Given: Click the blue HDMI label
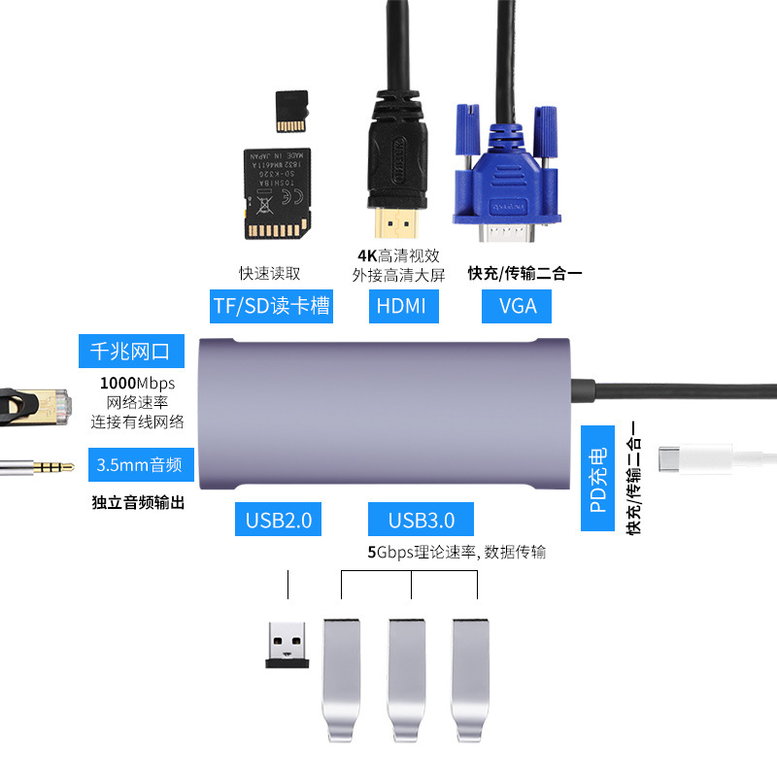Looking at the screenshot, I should [x=402, y=306].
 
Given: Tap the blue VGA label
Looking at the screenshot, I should [x=518, y=306].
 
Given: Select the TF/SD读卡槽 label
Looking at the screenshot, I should [x=272, y=306].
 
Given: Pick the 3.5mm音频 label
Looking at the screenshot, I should [x=141, y=464].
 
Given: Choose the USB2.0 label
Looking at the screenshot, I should [x=278, y=520].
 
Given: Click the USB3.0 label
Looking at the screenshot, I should [x=421, y=520].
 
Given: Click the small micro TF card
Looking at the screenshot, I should [x=291, y=112].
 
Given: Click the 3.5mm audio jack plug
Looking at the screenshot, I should [x=39, y=467].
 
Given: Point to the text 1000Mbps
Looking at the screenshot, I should [x=138, y=382].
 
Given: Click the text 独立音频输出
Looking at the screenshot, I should [x=138, y=503].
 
